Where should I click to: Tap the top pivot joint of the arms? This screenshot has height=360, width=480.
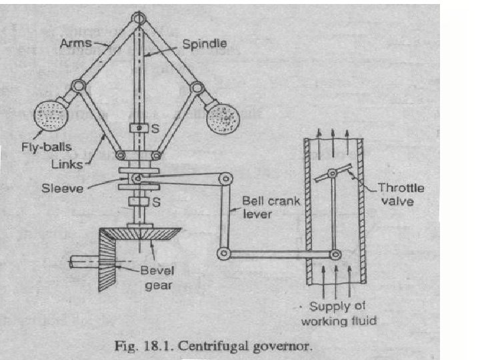pyautogui.click(x=139, y=19)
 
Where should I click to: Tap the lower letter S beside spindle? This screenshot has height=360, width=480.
pyautogui.click(x=154, y=201)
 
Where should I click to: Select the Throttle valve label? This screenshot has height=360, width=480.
pyautogui.click(x=400, y=193)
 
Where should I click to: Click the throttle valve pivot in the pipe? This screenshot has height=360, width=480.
pyautogui.click(x=332, y=173)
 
